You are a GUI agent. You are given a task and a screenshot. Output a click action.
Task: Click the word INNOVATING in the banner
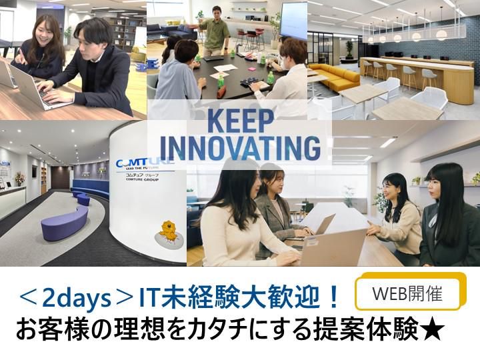tap(241, 148)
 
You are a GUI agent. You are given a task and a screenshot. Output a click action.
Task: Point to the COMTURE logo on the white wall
tap(143, 163)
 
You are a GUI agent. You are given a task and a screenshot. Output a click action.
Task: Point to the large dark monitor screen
tap(293, 20)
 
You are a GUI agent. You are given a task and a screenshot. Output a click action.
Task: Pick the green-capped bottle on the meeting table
tap(221, 81)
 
